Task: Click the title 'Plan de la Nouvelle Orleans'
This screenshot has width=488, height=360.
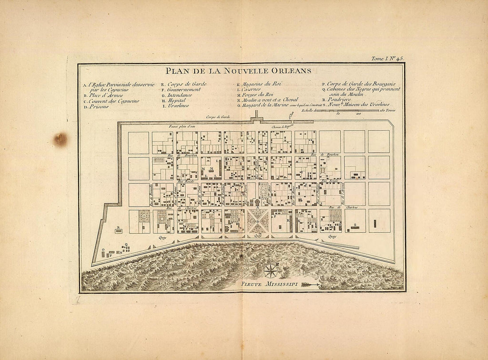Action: (238, 71)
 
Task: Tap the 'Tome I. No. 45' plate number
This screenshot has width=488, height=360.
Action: (387, 59)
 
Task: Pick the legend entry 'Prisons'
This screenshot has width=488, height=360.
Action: (98, 106)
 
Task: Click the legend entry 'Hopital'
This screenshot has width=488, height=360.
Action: (176, 100)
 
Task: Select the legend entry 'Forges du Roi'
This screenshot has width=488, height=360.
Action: (258, 95)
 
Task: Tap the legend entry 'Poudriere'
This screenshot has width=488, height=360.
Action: (339, 99)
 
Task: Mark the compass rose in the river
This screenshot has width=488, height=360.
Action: (270, 270)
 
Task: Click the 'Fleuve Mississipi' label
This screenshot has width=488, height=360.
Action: (270, 283)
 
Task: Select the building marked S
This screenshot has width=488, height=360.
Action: (355, 227)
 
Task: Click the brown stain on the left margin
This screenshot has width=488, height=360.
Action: (60, 139)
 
